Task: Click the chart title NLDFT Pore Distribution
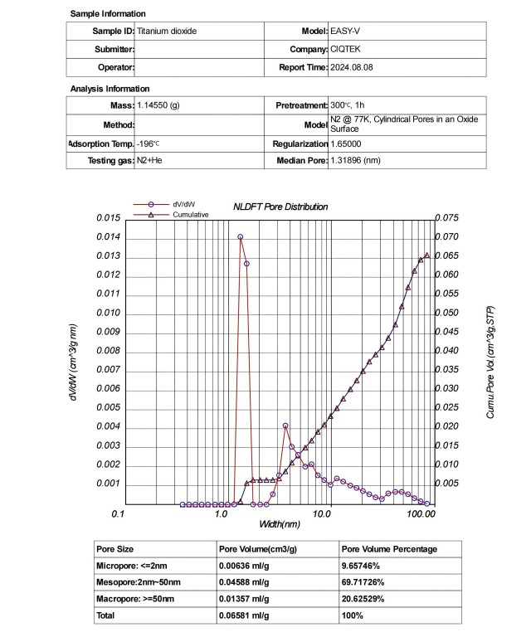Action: (x=280, y=207)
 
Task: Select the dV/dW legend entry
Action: (x=183, y=204)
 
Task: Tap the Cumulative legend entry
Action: (x=191, y=214)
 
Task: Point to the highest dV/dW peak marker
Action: (x=241, y=237)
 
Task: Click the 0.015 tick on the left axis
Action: (x=109, y=218)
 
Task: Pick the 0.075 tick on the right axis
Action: (x=448, y=218)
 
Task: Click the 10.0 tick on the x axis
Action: (x=322, y=515)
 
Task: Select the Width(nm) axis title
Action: (x=280, y=524)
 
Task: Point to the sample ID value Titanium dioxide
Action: (x=168, y=31)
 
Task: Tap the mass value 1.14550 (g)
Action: (x=158, y=105)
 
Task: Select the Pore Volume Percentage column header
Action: (x=389, y=548)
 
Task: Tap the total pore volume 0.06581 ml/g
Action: (x=244, y=616)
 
